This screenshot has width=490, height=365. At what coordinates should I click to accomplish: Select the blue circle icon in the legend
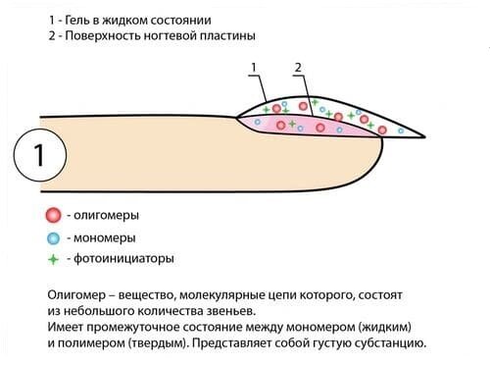coord(54,238)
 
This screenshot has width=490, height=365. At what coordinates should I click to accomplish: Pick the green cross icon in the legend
coord(54,260)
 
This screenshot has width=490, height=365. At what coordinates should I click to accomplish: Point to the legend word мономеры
coord(105,238)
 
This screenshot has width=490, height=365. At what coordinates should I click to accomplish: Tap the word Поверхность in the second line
coord(114,36)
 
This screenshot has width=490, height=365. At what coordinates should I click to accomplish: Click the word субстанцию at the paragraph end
coord(388,344)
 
